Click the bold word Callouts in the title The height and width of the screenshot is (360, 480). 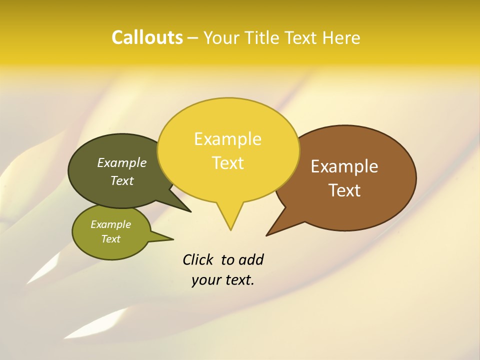(147, 37)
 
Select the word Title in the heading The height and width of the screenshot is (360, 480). (264, 38)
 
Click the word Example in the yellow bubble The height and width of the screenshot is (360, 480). (227, 139)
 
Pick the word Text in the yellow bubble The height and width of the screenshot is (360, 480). (227, 163)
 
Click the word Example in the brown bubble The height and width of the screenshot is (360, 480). (344, 166)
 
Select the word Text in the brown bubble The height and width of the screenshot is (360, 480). (344, 190)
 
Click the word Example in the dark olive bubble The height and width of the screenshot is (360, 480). (121, 163)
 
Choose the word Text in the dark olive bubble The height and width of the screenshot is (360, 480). (121, 181)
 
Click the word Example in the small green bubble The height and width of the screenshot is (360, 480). (110, 224)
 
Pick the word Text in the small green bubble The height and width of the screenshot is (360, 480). (110, 239)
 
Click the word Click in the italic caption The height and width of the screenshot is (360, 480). (199, 260)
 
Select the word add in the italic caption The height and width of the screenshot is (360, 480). (251, 260)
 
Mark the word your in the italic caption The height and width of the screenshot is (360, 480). (205, 280)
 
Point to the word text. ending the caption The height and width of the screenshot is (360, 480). (238, 280)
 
